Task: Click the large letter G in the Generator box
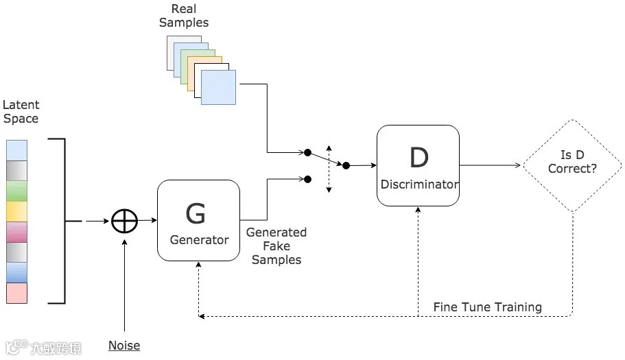point(196,214)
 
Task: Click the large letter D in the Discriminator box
point(418,158)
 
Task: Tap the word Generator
point(200,240)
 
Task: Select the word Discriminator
point(418,184)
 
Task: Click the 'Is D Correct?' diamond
point(572,165)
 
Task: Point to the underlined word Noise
point(124,346)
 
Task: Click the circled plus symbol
point(125,221)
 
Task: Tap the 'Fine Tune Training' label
point(487,307)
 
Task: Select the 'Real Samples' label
point(184,16)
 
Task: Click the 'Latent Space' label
point(21,112)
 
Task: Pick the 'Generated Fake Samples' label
point(276,246)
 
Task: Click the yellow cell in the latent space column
point(16,212)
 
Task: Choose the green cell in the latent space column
point(16,191)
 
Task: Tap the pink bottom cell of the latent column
point(16,293)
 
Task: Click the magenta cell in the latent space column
point(16,232)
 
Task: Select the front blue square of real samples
point(218,87)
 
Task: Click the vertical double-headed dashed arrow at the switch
point(329,168)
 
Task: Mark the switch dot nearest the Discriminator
point(346,165)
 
